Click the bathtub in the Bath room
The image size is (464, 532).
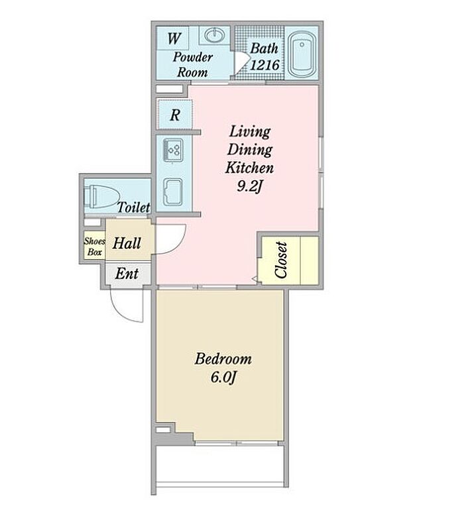point(302,54)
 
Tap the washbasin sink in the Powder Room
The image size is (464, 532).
point(214,35)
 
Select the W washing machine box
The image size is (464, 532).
point(172,38)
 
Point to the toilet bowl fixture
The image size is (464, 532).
point(102,197)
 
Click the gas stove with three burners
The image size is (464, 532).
point(174,150)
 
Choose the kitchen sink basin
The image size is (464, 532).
point(173,191)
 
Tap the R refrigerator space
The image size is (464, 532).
point(174,115)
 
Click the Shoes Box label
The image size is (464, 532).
point(95,246)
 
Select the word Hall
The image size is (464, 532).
point(127,243)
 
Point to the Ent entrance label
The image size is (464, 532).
point(127,274)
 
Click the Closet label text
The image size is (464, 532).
point(282,260)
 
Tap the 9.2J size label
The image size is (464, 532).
point(250,186)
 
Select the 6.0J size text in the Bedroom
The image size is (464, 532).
point(223,376)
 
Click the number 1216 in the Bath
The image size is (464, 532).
point(264,65)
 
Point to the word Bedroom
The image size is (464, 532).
point(223,359)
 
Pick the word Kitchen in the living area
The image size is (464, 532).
point(249,168)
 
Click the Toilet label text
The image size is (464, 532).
point(133,207)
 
